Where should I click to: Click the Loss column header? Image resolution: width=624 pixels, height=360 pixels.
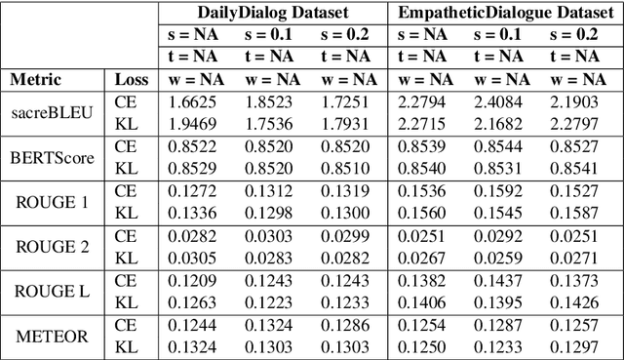(x=132, y=79)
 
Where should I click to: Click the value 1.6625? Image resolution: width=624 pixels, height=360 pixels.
(x=194, y=101)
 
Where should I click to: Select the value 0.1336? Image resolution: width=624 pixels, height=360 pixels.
(x=194, y=212)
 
